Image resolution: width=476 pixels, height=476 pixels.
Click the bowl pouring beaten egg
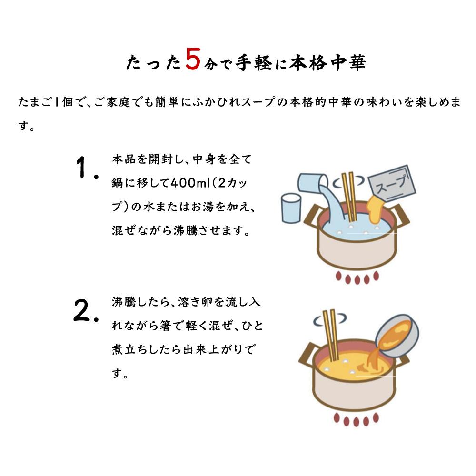397,336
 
